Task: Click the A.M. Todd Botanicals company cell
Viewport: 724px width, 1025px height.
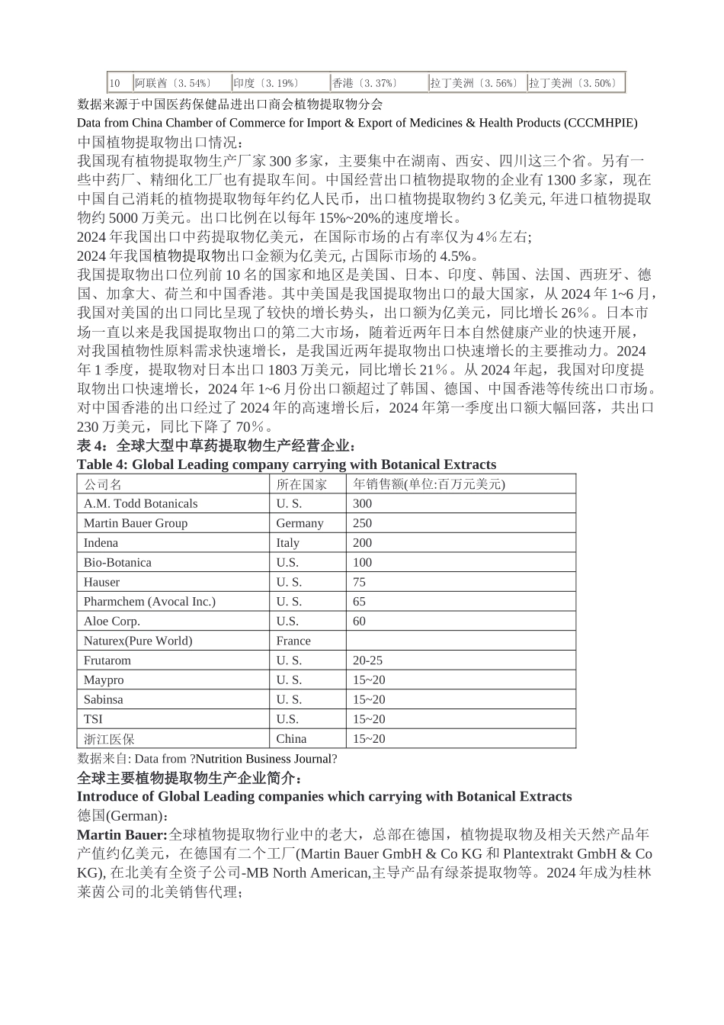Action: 140,503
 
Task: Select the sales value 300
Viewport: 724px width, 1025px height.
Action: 363,503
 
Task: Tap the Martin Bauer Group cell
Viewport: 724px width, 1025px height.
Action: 136,523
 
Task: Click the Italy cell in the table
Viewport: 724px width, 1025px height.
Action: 287,543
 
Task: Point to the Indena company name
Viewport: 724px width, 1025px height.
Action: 101,543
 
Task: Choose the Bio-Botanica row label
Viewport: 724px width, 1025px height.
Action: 117,562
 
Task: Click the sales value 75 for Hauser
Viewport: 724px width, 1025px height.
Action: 359,582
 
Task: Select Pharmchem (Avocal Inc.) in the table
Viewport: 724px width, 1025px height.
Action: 149,602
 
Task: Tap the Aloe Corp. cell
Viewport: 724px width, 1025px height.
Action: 112,621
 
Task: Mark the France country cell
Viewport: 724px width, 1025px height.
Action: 293,641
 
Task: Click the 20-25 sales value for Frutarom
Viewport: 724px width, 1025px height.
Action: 368,660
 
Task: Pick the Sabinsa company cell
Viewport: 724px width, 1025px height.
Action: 104,699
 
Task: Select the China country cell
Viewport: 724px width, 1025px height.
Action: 291,738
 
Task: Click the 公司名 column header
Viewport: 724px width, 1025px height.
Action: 103,484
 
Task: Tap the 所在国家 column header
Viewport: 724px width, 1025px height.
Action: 301,484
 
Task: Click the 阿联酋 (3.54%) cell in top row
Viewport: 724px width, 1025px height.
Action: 172,83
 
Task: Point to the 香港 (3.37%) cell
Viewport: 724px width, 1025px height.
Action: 364,83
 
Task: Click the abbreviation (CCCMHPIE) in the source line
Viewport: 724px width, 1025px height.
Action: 601,123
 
